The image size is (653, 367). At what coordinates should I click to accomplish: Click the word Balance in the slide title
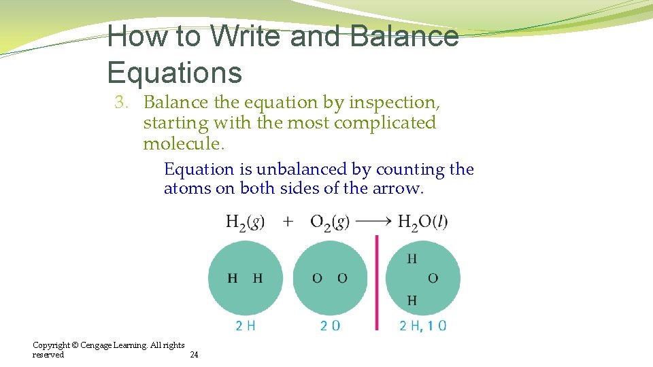click(404, 36)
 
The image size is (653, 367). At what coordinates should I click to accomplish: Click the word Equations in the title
click(174, 72)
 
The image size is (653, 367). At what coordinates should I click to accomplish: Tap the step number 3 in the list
click(121, 103)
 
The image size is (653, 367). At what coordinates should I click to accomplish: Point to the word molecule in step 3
click(182, 144)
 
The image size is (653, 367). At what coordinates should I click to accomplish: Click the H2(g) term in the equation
click(245, 222)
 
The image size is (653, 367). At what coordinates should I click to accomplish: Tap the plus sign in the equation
click(288, 222)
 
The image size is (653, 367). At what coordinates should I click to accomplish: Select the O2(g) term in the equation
click(329, 222)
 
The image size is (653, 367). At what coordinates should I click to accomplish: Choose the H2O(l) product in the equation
click(422, 222)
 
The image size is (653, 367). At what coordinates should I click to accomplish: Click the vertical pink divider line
click(376, 282)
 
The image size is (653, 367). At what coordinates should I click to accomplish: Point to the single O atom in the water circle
click(433, 278)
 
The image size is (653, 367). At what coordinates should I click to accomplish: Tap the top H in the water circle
click(412, 258)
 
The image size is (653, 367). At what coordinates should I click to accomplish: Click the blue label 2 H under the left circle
click(246, 326)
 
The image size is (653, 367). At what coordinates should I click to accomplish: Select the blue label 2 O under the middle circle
click(330, 326)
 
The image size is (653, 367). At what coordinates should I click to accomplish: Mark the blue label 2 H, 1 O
click(422, 326)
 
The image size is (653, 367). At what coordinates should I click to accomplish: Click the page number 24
click(194, 355)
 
